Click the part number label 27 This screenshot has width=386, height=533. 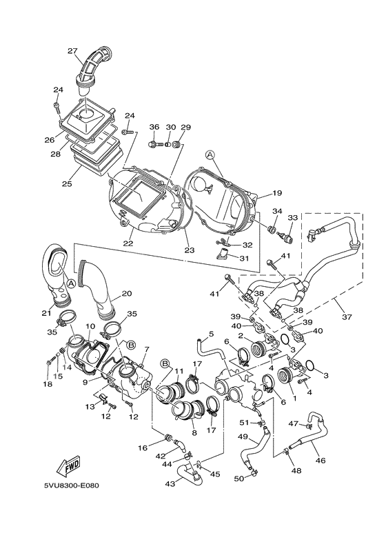click(72, 50)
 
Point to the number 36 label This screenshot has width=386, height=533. click(154, 127)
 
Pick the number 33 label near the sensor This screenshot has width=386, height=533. click(292, 217)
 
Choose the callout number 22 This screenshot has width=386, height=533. click(128, 243)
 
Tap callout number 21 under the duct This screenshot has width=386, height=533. click(48, 313)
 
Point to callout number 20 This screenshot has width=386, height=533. click(127, 293)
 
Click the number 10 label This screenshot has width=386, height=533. click(90, 325)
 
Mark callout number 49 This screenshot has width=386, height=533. click(243, 437)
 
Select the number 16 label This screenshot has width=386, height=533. click(143, 447)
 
